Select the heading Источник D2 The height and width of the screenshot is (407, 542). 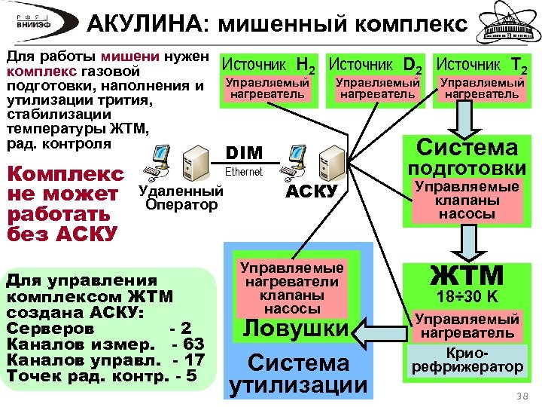point(376,66)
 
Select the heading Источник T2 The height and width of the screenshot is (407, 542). point(482,66)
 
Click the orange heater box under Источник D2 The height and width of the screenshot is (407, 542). point(377,88)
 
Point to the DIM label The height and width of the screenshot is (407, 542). point(245,153)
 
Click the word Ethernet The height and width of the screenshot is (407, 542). point(245,172)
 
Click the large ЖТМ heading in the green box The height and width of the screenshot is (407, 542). point(467,275)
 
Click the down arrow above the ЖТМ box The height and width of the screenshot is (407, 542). point(467,243)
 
